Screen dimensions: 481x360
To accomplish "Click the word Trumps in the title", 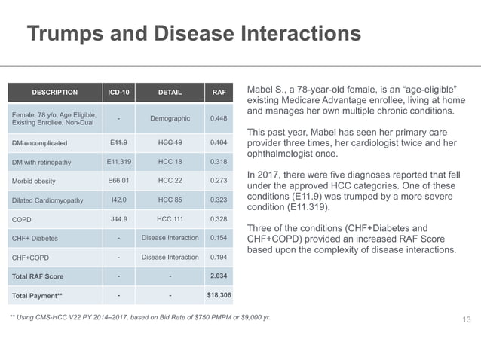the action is click(66, 33).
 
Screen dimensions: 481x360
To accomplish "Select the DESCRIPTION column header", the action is click(55, 92).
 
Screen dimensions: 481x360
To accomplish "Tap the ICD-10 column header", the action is click(118, 92).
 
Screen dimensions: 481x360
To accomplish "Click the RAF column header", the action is click(219, 92).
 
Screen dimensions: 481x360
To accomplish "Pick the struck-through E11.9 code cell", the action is click(118, 142).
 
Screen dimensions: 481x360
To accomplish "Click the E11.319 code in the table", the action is click(118, 161).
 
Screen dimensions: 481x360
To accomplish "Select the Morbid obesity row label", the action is click(34, 181).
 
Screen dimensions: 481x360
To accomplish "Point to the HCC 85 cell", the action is click(170, 200).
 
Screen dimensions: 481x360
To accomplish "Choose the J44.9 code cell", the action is click(118, 219).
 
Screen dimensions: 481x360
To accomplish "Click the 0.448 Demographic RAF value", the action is click(219, 118).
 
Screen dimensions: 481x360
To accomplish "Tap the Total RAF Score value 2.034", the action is click(219, 276).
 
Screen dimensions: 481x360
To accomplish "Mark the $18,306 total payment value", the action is click(219, 295).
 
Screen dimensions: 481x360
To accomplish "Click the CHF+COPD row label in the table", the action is click(30, 258).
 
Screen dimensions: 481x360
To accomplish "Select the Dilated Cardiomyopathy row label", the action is click(47, 200).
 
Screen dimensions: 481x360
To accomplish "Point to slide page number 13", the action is click(467, 319).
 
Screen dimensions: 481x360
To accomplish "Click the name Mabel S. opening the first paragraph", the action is click(267, 90).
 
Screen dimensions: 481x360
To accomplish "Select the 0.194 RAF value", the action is click(219, 257).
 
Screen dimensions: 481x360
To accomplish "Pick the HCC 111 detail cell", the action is click(170, 219).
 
